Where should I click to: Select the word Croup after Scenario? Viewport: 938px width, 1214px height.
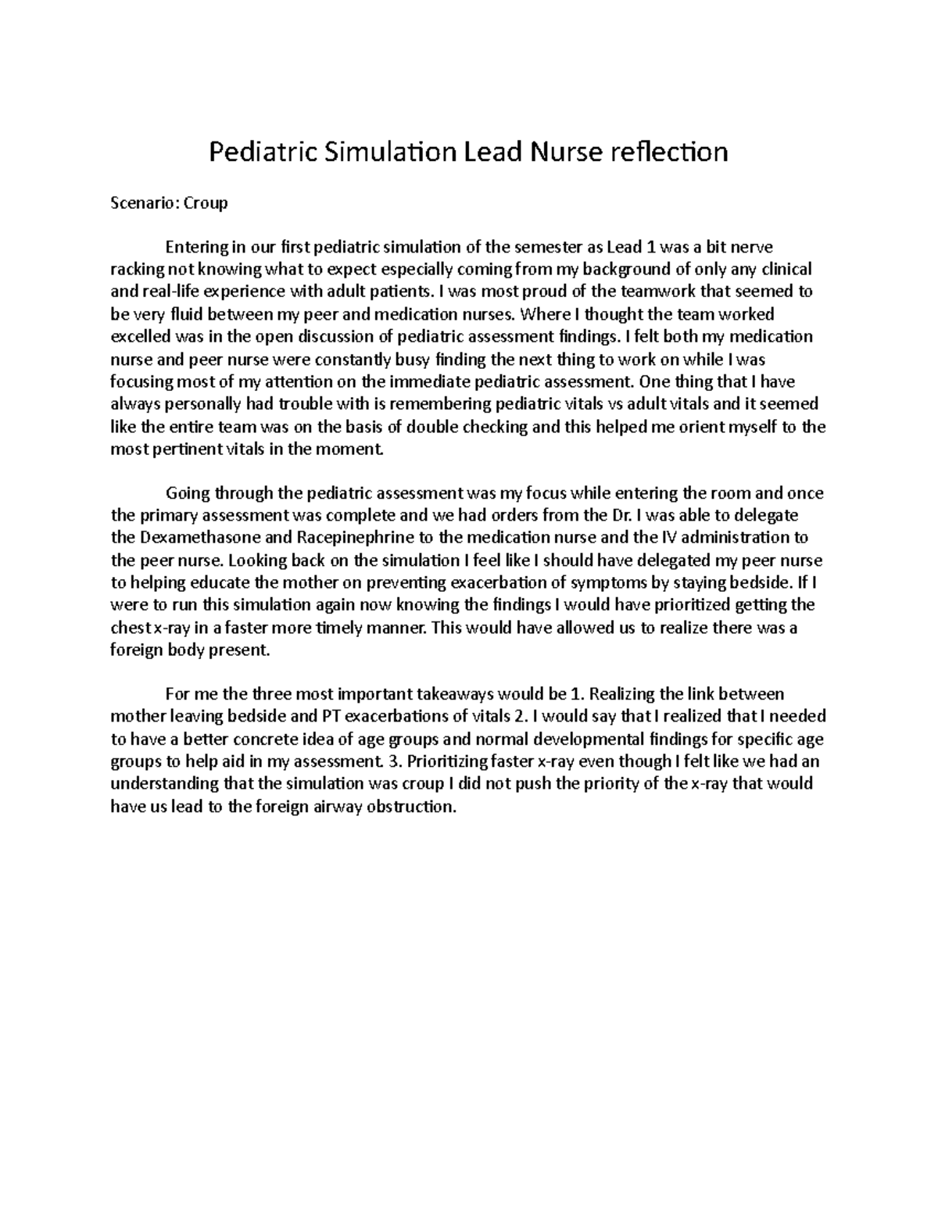(206, 203)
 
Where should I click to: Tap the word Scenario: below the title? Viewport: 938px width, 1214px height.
(145, 203)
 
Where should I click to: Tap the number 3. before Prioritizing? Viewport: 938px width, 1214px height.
(392, 761)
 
